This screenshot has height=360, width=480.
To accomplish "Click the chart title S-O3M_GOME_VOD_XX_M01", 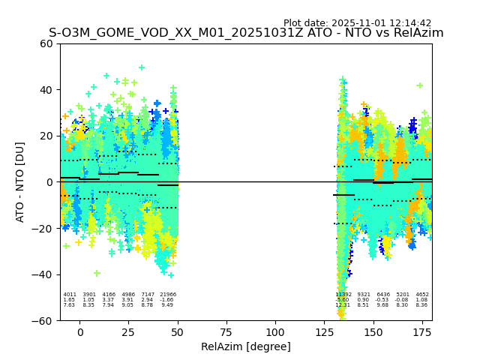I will click(246, 33).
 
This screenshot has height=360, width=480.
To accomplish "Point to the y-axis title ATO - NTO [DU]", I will click(20, 181).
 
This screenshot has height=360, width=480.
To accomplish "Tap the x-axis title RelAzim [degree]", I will click(246, 346).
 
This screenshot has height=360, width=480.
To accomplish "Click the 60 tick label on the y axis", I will click(46, 43).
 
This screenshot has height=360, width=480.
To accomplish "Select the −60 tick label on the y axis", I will click(43, 320).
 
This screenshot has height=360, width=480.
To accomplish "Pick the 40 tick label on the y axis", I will click(46, 90).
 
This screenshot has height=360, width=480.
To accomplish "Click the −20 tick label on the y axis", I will click(43, 229).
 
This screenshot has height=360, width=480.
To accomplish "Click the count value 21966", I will click(168, 295).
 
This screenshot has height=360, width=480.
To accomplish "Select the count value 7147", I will click(148, 295).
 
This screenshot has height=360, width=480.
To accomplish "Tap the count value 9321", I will click(364, 295).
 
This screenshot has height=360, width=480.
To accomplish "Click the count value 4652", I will click(422, 295).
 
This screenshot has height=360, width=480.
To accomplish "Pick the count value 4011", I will click(70, 295).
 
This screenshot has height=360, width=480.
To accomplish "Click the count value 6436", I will click(383, 295).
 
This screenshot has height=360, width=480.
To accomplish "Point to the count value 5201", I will click(403, 295).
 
